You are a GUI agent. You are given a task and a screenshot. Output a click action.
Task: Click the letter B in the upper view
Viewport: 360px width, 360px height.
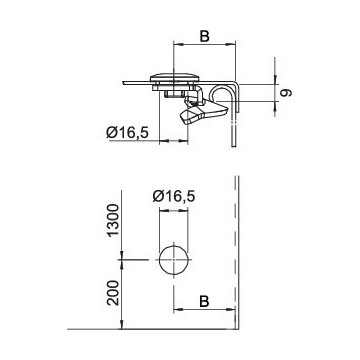click(204, 36)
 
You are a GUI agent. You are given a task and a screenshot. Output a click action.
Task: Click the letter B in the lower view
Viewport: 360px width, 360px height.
click(204, 301)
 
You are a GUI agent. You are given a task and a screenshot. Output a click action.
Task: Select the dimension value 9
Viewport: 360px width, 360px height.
click(286, 92)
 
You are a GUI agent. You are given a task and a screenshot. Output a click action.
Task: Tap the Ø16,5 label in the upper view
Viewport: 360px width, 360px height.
click(127, 133)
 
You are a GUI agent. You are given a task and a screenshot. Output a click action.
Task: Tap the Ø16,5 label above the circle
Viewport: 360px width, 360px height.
click(174, 196)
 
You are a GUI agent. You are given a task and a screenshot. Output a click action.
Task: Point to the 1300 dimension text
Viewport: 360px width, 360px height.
click(113, 220)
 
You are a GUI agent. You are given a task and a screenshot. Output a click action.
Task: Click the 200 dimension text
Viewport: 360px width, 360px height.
click(113, 293)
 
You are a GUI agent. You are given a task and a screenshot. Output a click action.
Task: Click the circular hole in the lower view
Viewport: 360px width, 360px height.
click(174, 260)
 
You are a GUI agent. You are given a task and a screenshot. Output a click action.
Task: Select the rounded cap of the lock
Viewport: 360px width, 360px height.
click(174, 77)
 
